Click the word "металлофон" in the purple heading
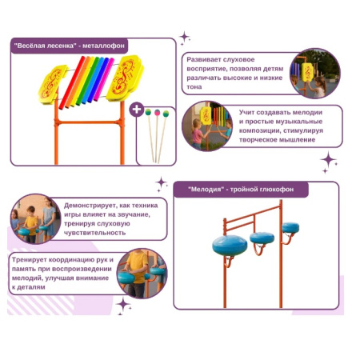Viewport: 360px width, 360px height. point(103,46)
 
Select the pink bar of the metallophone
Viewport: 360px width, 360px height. point(104,79)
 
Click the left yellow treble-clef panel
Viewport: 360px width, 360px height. point(54,84)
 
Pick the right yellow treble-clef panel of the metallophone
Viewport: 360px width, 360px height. point(125,78)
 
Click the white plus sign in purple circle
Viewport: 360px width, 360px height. point(137,110)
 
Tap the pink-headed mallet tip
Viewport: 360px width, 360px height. point(158,113)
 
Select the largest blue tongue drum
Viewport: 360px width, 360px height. point(230,246)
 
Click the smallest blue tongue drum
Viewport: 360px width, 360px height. point(290,228)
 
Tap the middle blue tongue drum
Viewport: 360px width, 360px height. point(262,238)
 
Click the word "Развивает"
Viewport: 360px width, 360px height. point(203,60)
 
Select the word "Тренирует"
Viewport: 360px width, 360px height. point(29,260)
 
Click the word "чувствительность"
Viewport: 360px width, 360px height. point(94,233)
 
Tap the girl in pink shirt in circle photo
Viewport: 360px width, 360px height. point(197,134)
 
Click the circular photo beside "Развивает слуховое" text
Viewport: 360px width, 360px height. point(315,73)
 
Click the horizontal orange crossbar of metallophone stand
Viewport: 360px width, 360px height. point(90,122)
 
